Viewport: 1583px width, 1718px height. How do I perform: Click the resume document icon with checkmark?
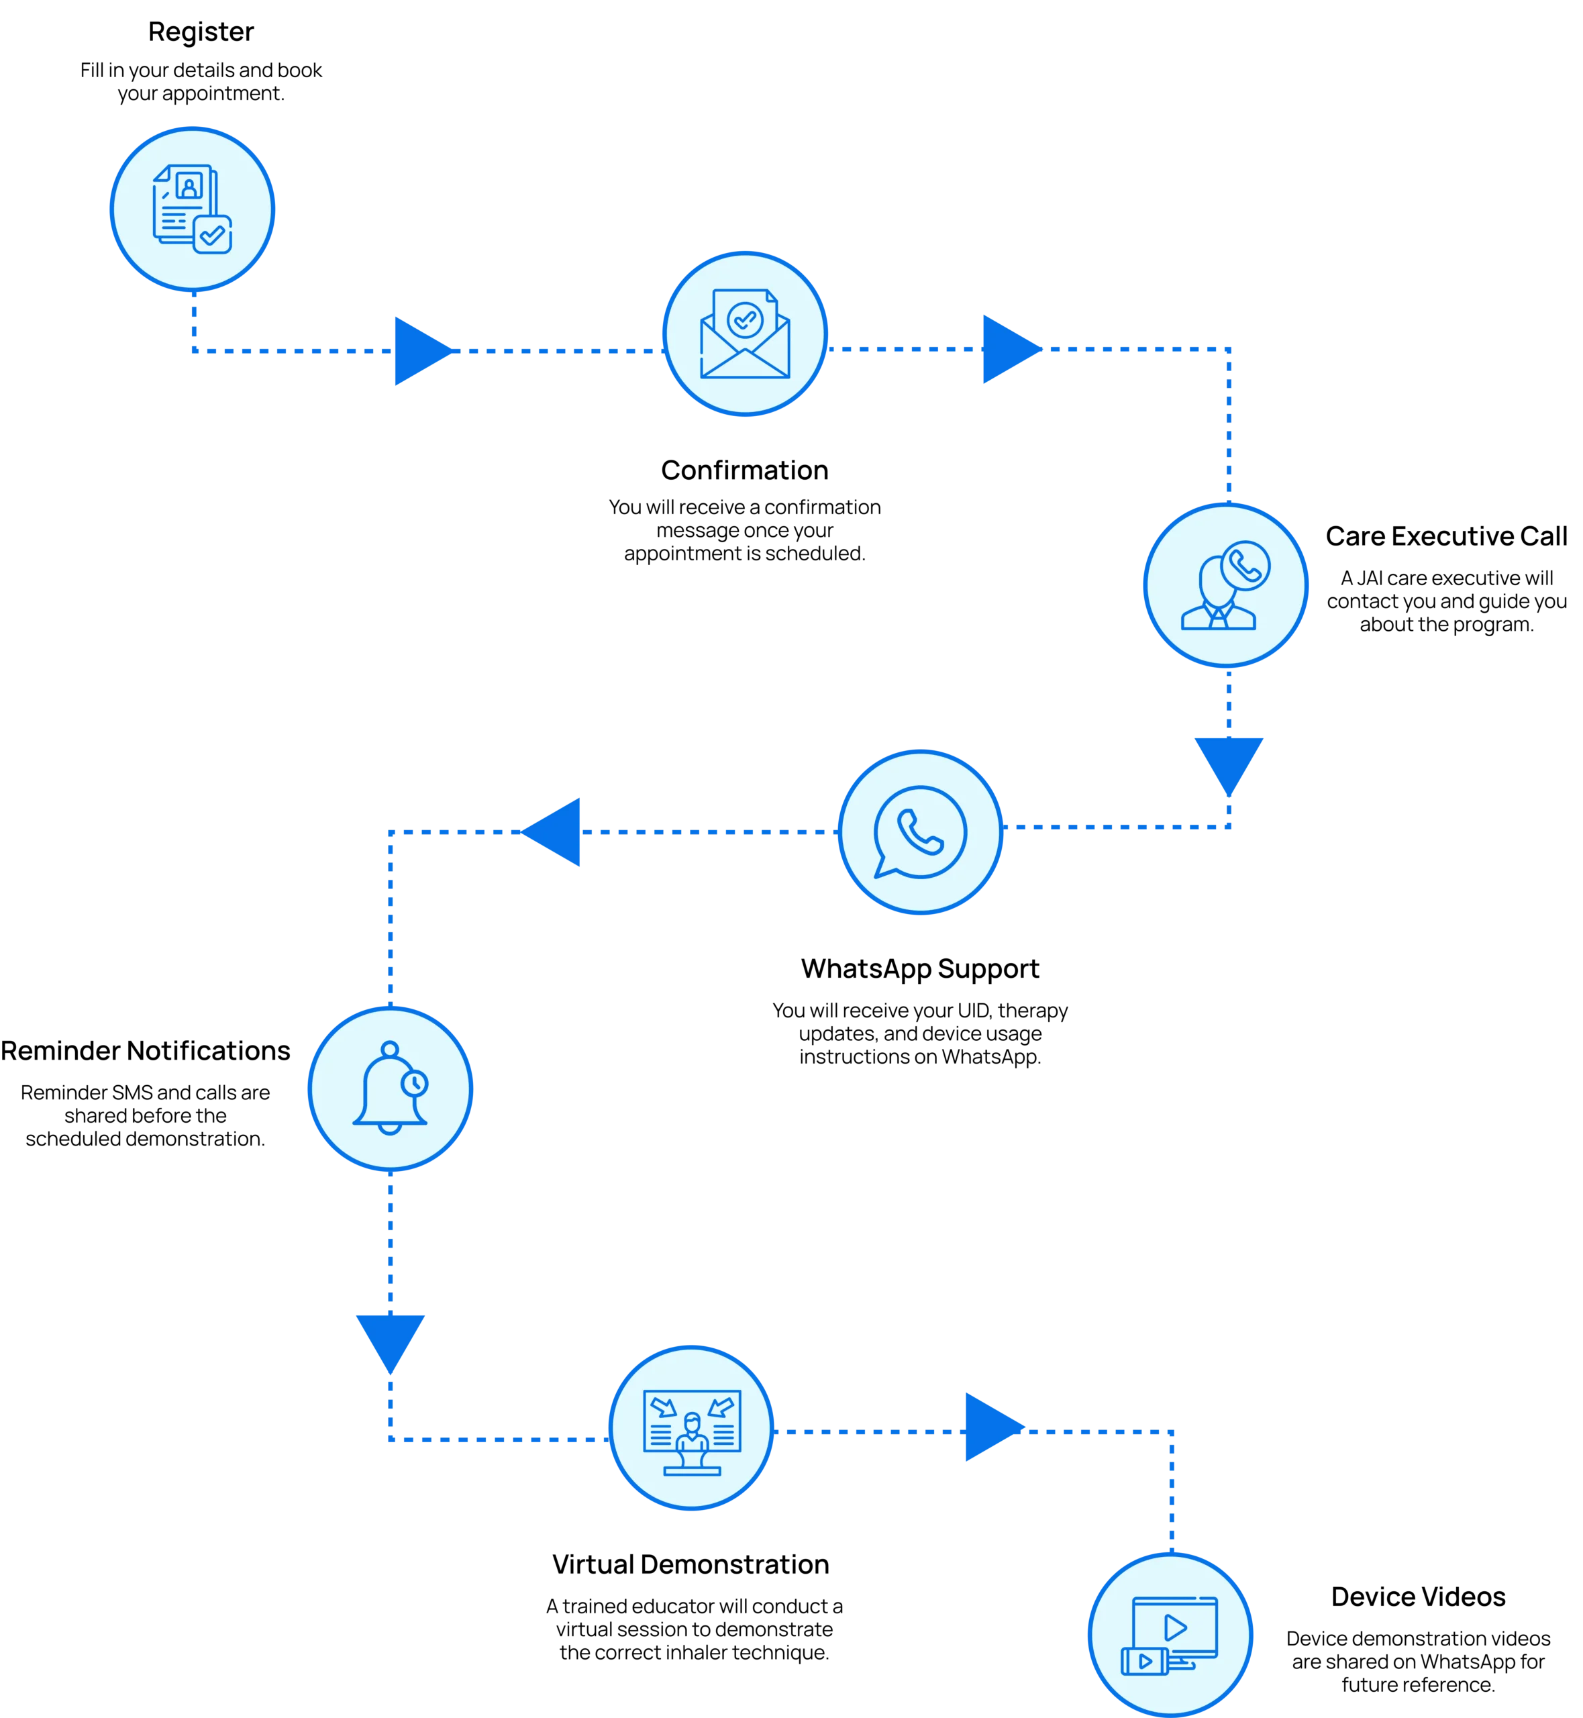(192, 208)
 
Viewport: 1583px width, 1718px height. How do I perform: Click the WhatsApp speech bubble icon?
(920, 831)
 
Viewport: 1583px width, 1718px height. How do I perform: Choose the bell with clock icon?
(390, 1089)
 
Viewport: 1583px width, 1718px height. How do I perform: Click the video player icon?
(1170, 1635)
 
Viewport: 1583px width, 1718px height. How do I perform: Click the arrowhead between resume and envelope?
(419, 350)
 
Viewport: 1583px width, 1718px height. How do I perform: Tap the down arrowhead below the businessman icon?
(1229, 762)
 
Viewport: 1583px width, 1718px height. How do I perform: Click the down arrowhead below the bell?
(391, 1337)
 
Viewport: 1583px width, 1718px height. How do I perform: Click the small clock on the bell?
(415, 1082)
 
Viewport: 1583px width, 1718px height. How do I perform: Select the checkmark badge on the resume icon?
(211, 233)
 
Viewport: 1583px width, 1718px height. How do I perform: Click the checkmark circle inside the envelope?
(744, 319)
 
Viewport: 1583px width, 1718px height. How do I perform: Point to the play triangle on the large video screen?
(1175, 1627)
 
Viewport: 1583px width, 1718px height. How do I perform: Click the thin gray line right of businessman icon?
(1370, 636)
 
